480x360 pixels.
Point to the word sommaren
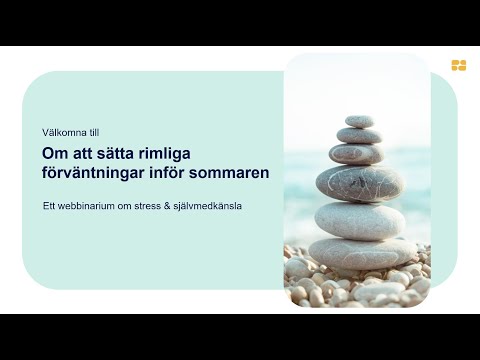(x=228, y=172)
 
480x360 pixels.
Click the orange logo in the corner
(x=459, y=66)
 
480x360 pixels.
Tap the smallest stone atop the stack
(x=359, y=121)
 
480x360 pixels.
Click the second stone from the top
(x=358, y=135)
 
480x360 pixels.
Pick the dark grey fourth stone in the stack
(x=360, y=183)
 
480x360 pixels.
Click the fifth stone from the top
(x=360, y=217)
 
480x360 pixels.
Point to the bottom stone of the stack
(x=361, y=250)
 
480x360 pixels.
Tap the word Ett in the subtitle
(x=48, y=207)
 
